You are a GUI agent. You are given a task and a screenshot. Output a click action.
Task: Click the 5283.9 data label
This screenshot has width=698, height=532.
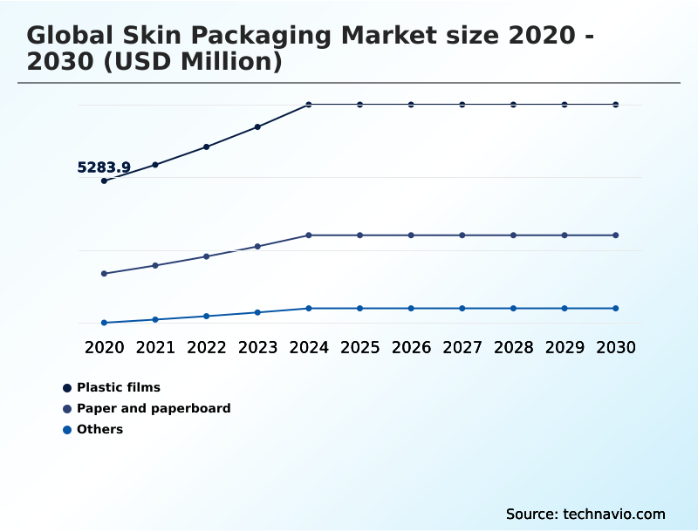click(x=104, y=167)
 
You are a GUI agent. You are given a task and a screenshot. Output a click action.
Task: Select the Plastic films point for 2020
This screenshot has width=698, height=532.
click(x=104, y=181)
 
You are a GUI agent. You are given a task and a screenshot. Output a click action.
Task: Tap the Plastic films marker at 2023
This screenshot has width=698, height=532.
click(x=257, y=126)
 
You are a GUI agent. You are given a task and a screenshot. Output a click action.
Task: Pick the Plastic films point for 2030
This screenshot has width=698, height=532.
click(x=616, y=105)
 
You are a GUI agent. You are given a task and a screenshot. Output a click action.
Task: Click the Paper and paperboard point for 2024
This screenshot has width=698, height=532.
click(x=309, y=235)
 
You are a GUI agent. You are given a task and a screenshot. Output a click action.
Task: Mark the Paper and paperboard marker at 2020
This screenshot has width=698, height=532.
click(x=104, y=274)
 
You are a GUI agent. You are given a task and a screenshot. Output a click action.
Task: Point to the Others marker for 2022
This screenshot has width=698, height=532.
click(x=207, y=316)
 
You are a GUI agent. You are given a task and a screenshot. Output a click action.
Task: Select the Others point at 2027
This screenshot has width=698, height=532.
click(x=462, y=309)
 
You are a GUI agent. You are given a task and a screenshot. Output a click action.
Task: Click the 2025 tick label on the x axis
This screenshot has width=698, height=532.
click(x=359, y=347)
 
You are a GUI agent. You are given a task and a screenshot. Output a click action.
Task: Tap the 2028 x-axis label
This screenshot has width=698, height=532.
click(x=513, y=347)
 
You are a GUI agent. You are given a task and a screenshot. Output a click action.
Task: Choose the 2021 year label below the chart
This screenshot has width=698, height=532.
click(x=155, y=347)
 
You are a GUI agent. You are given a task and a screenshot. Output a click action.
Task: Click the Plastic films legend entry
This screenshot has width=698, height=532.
click(x=118, y=387)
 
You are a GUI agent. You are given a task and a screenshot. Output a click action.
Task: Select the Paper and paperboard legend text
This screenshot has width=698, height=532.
click(x=153, y=408)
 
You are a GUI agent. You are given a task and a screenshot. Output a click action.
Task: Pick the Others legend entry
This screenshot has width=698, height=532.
click(x=99, y=429)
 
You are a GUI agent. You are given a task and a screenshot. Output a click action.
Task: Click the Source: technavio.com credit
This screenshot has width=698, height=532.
click(x=585, y=514)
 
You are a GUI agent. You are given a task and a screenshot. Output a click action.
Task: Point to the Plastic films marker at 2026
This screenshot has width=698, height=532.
click(x=411, y=105)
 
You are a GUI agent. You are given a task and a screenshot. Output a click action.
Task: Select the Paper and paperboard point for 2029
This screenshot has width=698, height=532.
click(x=565, y=235)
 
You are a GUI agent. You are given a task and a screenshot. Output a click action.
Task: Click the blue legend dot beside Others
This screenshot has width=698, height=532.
click(x=67, y=429)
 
